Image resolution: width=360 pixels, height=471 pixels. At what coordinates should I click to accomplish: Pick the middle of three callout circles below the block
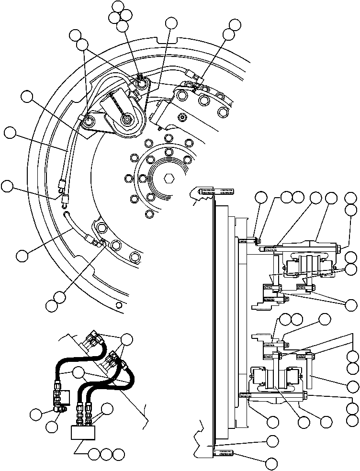pyautogui.click(x=106, y=452)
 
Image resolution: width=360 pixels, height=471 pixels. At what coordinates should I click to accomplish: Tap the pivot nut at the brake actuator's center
pyautogui.click(x=127, y=119)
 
